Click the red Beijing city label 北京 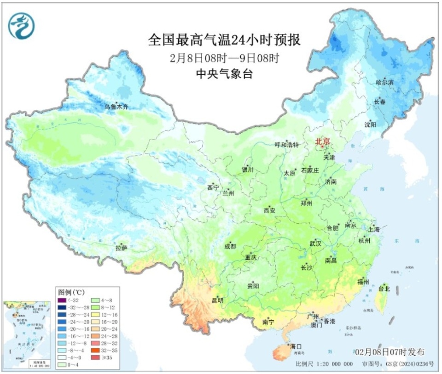[x=322, y=142]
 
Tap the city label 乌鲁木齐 [x=116, y=107]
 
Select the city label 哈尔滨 [x=384, y=82]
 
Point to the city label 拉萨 [x=122, y=248]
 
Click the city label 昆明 [x=217, y=300]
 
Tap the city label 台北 [x=384, y=289]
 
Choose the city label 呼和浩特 [x=287, y=145]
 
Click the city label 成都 [x=230, y=246]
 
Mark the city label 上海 [x=373, y=229]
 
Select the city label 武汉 [x=316, y=243]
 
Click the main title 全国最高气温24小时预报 [x=224, y=40]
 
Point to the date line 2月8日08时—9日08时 [x=224, y=58]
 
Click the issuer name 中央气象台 [x=224, y=74]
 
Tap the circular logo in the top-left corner [x=22, y=26]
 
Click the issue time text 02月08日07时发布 [x=390, y=351]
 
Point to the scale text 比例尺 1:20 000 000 [x=325, y=364]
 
